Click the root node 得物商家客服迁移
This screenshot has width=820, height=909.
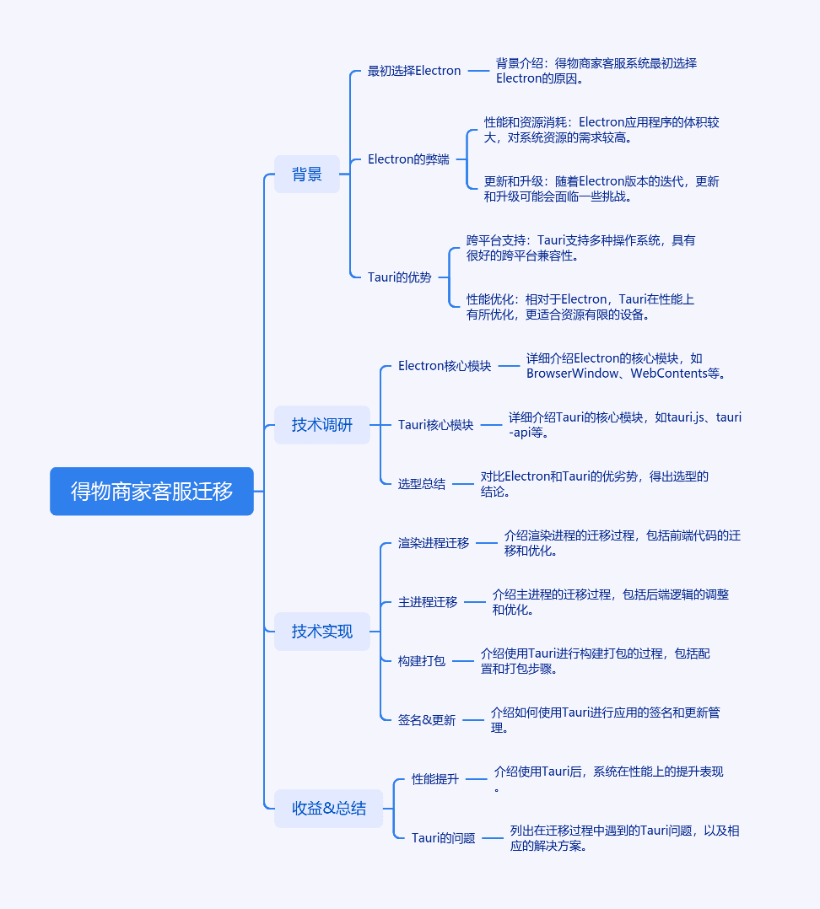[152, 491]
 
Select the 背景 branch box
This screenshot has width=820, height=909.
[307, 174]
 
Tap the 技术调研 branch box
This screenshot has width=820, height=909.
[322, 425]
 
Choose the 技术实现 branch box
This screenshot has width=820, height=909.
[322, 632]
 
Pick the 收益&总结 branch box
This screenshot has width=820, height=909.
[329, 808]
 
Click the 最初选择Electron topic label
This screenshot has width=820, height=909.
[414, 71]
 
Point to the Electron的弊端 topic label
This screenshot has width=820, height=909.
[408, 159]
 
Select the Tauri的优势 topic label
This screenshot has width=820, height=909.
[400, 277]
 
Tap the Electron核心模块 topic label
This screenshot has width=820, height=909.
[445, 366]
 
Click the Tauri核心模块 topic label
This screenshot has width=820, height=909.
[435, 425]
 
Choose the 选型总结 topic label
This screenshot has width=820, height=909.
[422, 484]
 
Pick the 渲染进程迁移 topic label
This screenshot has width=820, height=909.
[433, 543]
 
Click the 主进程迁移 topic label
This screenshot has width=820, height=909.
[428, 602]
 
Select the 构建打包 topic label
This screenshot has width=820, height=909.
[422, 661]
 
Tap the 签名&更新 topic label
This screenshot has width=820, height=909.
[427, 720]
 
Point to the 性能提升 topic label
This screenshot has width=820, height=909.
[435, 779]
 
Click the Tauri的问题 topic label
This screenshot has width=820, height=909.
[443, 837]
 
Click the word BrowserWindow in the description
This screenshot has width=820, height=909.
[572, 374]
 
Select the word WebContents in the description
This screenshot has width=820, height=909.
[669, 374]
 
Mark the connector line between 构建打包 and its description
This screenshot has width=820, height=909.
[463, 661]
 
